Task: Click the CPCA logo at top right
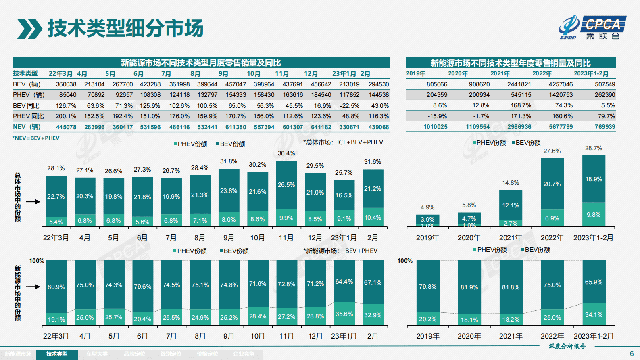tap(593, 27)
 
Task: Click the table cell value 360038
tap(66, 84)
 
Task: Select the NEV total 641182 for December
tap(321, 127)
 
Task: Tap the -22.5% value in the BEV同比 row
tap(350, 106)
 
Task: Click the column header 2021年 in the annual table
tap(500, 73)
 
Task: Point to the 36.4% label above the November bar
tap(286, 153)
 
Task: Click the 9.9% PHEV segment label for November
tap(286, 218)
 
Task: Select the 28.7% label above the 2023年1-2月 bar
tap(594, 148)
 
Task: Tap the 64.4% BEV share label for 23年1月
tap(344, 282)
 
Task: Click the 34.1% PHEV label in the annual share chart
tap(594, 315)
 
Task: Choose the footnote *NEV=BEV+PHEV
tap(36, 138)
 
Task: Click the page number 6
tap(632, 354)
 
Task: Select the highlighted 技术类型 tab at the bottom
tap(57, 354)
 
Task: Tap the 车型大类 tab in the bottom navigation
tap(97, 354)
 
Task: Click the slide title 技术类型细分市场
tap(125, 28)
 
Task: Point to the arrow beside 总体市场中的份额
tap(33, 201)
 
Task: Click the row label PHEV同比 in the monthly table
tap(28, 116)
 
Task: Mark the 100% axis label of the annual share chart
tap(405, 261)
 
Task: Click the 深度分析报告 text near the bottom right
tap(567, 346)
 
